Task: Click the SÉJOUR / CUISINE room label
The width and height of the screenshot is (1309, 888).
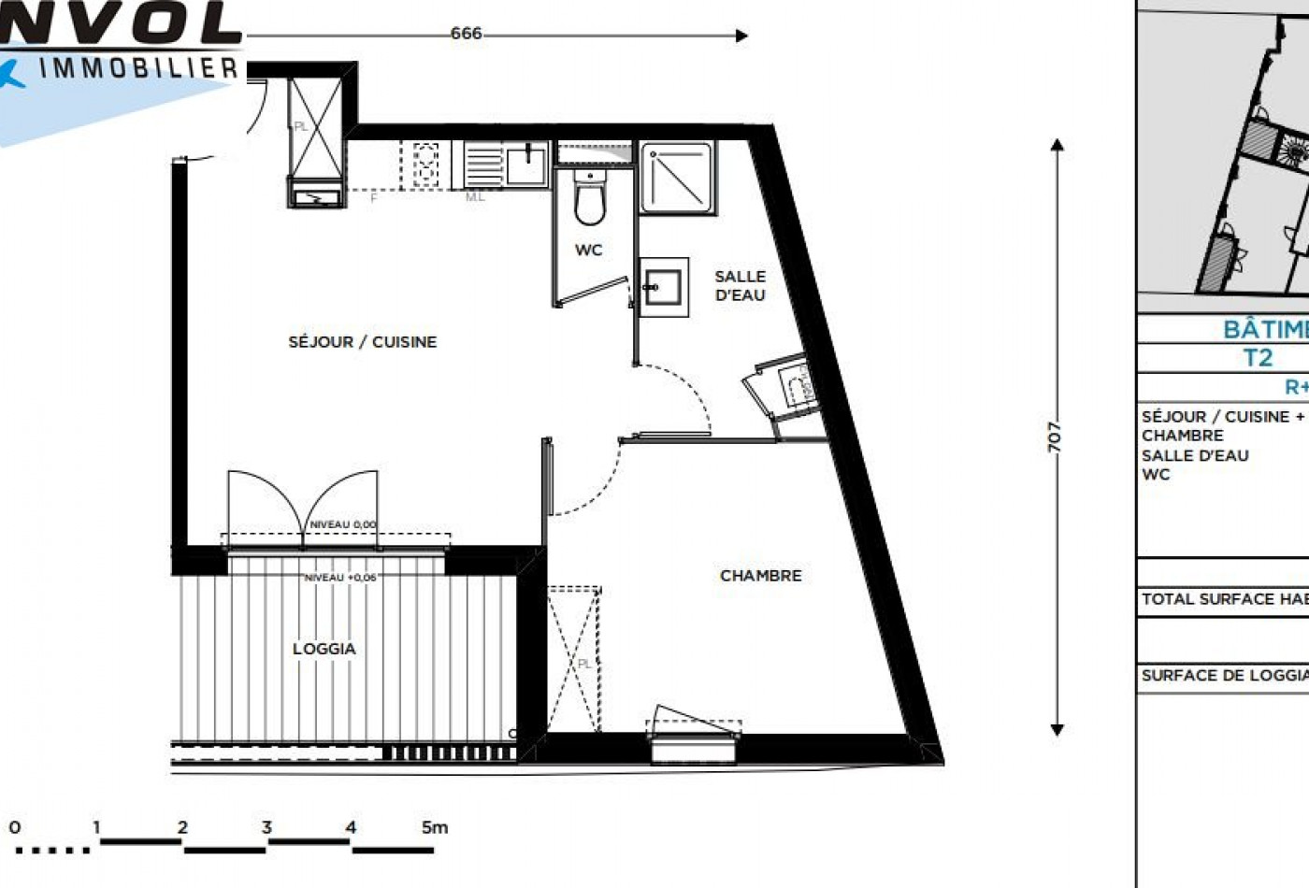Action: pos(362,342)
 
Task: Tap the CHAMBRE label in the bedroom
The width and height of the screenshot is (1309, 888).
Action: pos(760,576)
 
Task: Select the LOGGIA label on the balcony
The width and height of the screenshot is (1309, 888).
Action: pos(324,649)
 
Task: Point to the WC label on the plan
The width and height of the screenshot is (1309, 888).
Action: pos(588,251)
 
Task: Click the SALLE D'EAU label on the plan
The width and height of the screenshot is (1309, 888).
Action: pos(740,286)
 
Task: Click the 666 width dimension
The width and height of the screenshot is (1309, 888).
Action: pos(466,35)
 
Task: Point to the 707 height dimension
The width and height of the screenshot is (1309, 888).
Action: pos(1055,437)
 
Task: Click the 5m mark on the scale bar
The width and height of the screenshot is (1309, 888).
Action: pos(434,827)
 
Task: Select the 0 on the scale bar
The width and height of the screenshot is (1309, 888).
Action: pos(14,827)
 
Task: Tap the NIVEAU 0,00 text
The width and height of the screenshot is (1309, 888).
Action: pos(342,525)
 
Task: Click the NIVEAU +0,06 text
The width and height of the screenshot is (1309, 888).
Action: pos(340,579)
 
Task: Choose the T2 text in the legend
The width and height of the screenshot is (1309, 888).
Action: pos(1258,358)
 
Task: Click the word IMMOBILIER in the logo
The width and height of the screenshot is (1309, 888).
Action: pos(138,67)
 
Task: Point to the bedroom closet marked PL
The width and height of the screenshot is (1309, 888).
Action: pos(572,660)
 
